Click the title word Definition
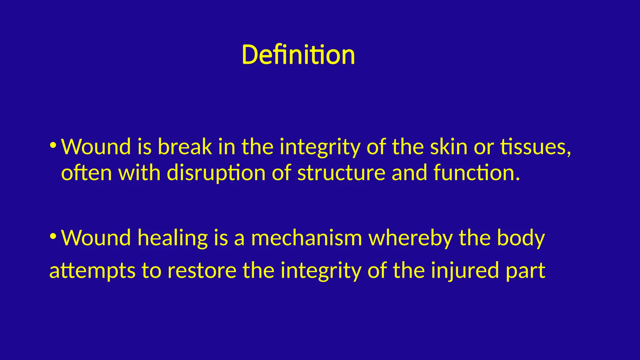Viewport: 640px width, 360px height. (x=298, y=55)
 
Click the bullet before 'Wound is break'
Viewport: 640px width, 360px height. (x=53, y=145)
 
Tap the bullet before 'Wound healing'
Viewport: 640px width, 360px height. (x=53, y=236)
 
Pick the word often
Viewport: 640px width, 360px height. (x=86, y=172)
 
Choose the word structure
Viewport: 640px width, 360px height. (x=341, y=172)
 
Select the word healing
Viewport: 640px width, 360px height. (x=173, y=238)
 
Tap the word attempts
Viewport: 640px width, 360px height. (x=92, y=271)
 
